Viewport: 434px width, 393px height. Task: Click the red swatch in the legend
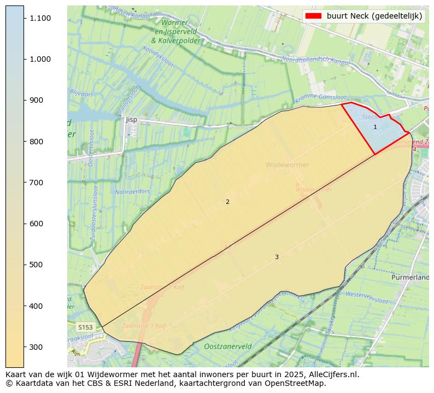click(314, 16)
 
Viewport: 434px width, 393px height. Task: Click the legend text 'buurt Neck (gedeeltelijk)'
click(374, 16)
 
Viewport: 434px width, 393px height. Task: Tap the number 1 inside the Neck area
click(375, 127)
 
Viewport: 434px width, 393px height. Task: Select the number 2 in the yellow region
click(227, 202)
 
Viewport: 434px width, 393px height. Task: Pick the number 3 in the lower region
click(277, 257)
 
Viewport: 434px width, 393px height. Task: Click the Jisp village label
click(131, 119)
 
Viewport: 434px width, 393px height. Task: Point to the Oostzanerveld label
click(228, 347)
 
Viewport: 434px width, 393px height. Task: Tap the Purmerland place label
click(410, 277)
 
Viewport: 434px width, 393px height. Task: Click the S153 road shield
click(85, 327)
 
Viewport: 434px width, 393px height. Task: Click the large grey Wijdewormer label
click(287, 165)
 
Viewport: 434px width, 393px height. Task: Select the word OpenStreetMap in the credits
click(298, 383)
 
